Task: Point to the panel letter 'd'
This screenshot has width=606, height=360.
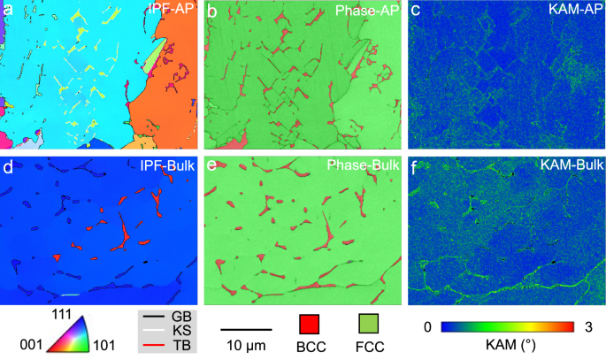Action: tap(8, 165)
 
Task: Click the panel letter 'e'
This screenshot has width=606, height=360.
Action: tap(212, 165)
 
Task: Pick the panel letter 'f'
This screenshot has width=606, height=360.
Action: tap(416, 165)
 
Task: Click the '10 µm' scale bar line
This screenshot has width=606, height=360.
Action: tap(243, 329)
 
